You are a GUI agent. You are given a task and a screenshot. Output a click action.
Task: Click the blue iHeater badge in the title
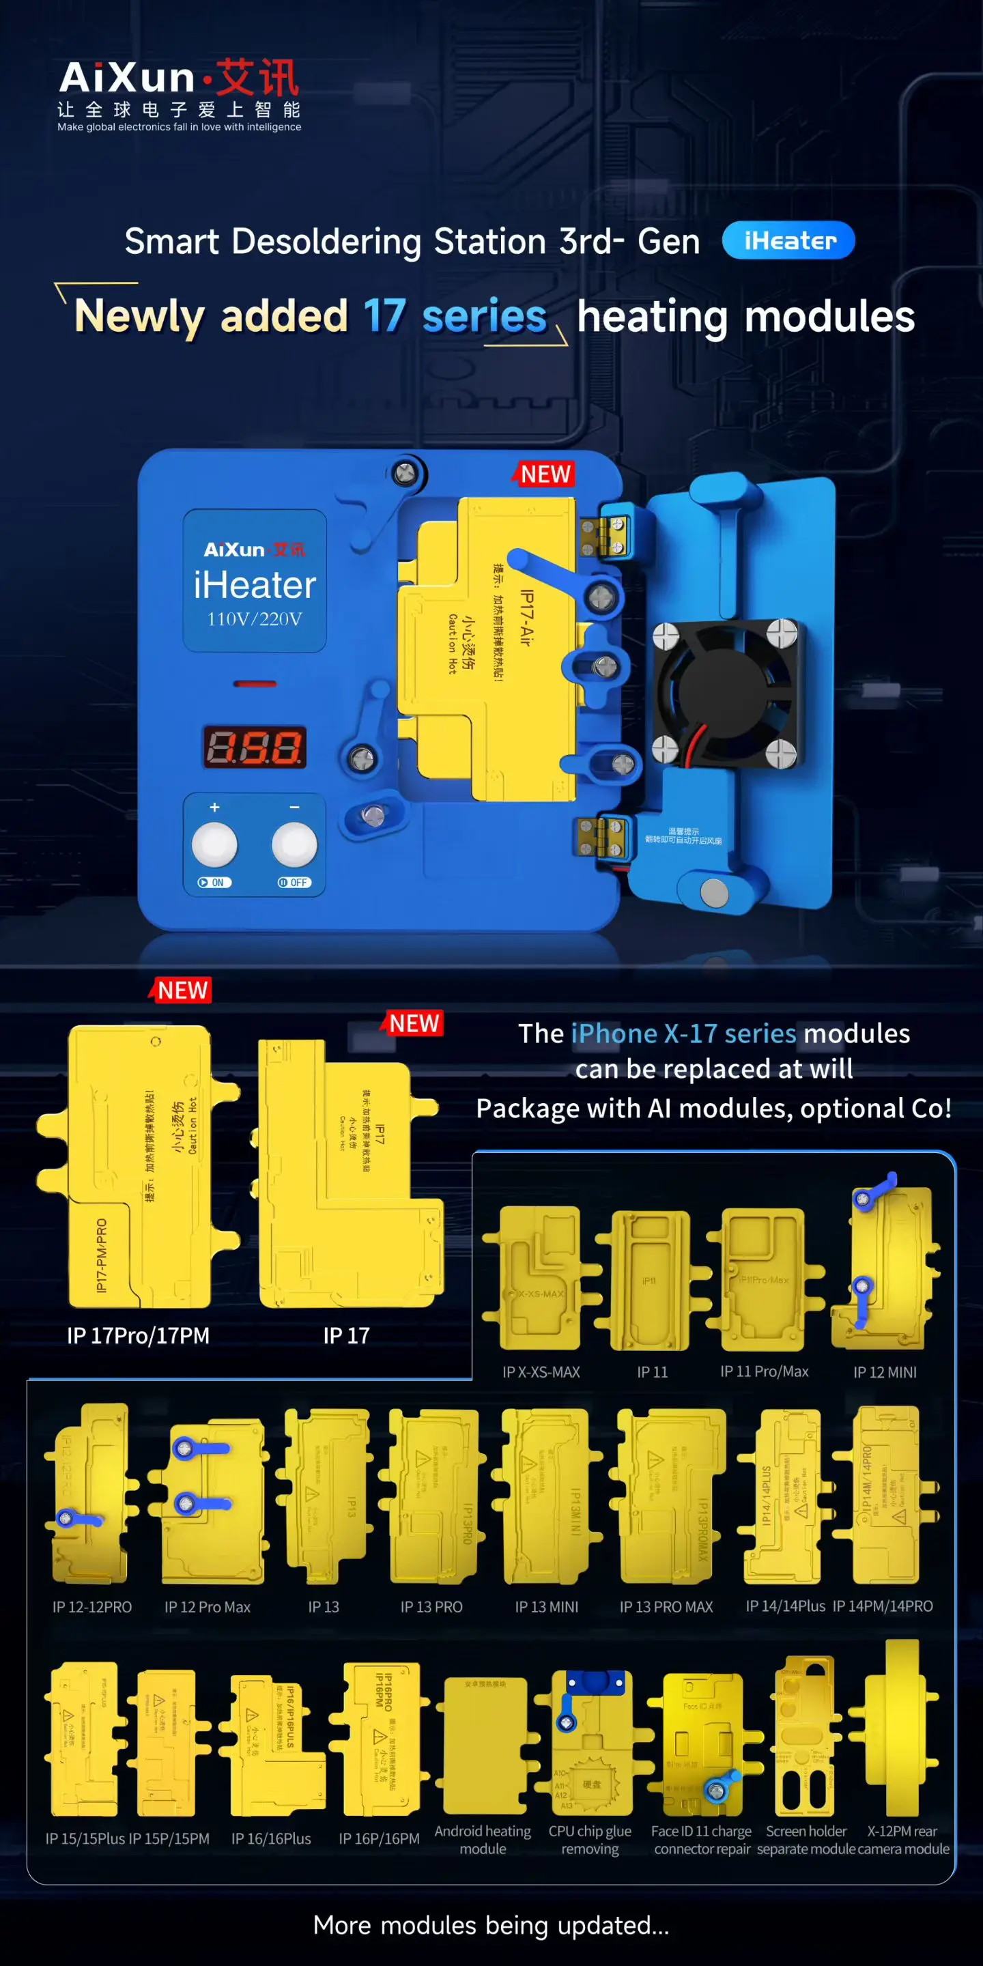(788, 240)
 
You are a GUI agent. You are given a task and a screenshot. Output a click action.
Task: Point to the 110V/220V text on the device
(254, 619)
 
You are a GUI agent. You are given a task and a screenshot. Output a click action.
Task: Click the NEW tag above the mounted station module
(545, 474)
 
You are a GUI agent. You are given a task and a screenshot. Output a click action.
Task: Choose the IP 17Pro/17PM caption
(138, 1336)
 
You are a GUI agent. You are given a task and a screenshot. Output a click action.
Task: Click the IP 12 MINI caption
(885, 1372)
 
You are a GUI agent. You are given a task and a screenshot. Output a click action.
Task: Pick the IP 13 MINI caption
(546, 1606)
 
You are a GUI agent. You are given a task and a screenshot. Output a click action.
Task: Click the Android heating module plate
(485, 1743)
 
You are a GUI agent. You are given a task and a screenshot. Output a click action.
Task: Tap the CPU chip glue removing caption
(590, 1839)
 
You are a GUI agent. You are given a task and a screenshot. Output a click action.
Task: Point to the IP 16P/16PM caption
(380, 1838)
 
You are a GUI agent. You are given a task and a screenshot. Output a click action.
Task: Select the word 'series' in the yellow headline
(484, 317)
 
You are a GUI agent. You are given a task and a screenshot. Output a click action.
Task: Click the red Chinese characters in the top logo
(257, 78)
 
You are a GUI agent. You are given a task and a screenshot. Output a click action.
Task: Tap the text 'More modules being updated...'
(491, 1925)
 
